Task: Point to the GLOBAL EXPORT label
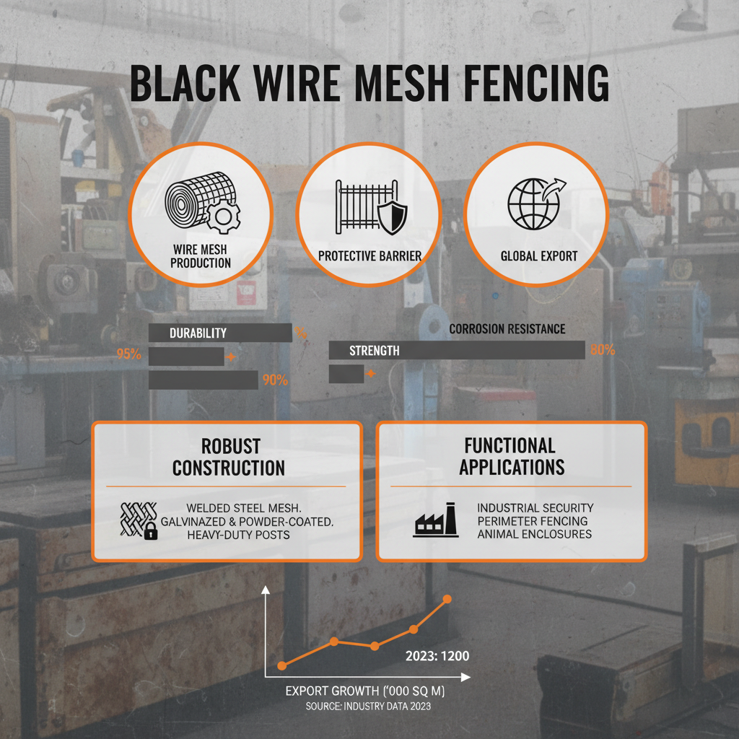click(538, 256)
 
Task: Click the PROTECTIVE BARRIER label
click(369, 256)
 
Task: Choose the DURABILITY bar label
click(198, 333)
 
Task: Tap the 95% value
click(128, 354)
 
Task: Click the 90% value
click(275, 380)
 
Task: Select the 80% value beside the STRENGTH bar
click(602, 351)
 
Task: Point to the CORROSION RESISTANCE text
click(507, 329)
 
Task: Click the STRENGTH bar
click(456, 351)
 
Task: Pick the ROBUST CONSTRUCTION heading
click(228, 456)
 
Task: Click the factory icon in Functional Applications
click(435, 520)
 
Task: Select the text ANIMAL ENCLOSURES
click(534, 534)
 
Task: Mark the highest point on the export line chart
click(447, 599)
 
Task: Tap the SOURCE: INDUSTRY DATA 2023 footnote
click(368, 706)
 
